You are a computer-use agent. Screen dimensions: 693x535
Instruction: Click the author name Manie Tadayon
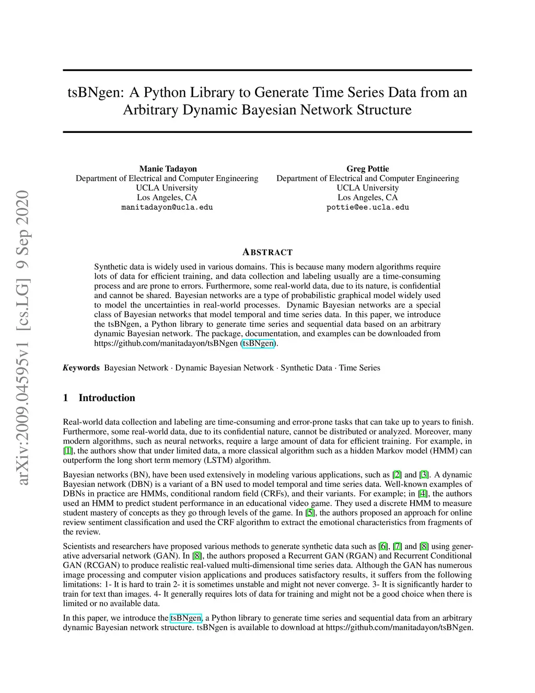(168, 168)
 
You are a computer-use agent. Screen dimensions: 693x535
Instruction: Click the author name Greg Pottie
(367, 168)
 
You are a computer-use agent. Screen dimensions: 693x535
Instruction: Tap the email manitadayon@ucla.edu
(167, 207)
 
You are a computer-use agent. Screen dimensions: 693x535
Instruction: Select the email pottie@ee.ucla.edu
(367, 207)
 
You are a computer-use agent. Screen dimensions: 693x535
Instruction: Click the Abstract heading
(267, 252)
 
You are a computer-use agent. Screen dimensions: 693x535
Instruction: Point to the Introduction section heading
(107, 398)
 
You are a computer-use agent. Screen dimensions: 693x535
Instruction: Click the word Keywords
(81, 368)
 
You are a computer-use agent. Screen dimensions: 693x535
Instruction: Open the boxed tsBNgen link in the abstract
(258, 344)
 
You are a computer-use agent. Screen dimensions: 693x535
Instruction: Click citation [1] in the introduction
(68, 451)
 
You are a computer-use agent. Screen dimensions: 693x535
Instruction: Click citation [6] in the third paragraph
(383, 547)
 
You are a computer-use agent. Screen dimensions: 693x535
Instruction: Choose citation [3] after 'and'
(424, 475)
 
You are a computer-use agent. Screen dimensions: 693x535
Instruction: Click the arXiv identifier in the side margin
(23, 337)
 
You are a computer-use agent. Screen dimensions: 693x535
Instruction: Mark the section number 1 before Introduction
(66, 398)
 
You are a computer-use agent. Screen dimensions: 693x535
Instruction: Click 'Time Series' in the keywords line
(359, 368)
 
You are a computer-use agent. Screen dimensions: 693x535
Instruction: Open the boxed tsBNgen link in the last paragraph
(185, 618)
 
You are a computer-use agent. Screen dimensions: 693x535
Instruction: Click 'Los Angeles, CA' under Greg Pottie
(367, 197)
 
